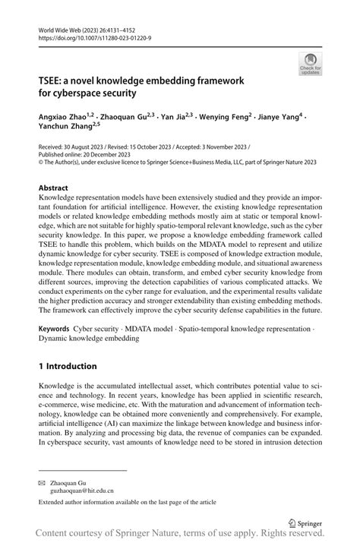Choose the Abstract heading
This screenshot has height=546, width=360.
(x=53, y=187)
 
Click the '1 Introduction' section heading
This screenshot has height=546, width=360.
(x=73, y=365)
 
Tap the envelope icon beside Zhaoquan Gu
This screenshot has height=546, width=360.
(x=43, y=482)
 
